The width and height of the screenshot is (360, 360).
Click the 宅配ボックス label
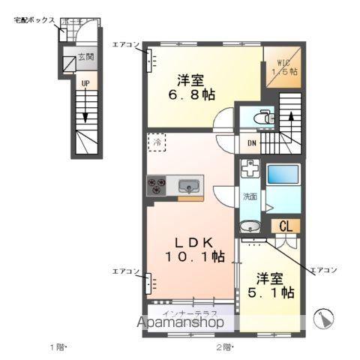33,19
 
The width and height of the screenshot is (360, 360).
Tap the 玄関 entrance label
86,57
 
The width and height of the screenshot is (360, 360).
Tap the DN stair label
250,143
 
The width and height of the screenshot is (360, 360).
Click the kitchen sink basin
188,185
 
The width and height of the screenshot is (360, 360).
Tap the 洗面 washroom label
251,196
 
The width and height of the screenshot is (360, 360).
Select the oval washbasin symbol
250,226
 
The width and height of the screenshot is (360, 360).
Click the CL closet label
286,226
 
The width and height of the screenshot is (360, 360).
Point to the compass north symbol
325,319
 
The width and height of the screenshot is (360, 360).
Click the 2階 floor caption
226,346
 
